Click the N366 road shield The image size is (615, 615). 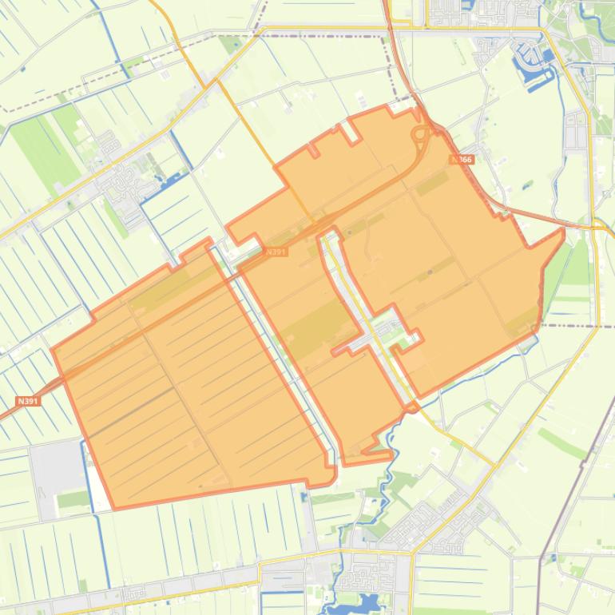(462, 160)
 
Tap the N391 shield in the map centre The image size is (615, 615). (276, 252)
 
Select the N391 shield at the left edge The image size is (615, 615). (27, 401)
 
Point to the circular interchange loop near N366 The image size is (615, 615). (419, 135)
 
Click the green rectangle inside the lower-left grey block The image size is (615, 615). (73, 499)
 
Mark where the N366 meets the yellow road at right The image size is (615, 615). (594, 226)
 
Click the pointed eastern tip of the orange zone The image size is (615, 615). (563, 231)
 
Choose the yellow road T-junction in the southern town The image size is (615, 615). (411, 552)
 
